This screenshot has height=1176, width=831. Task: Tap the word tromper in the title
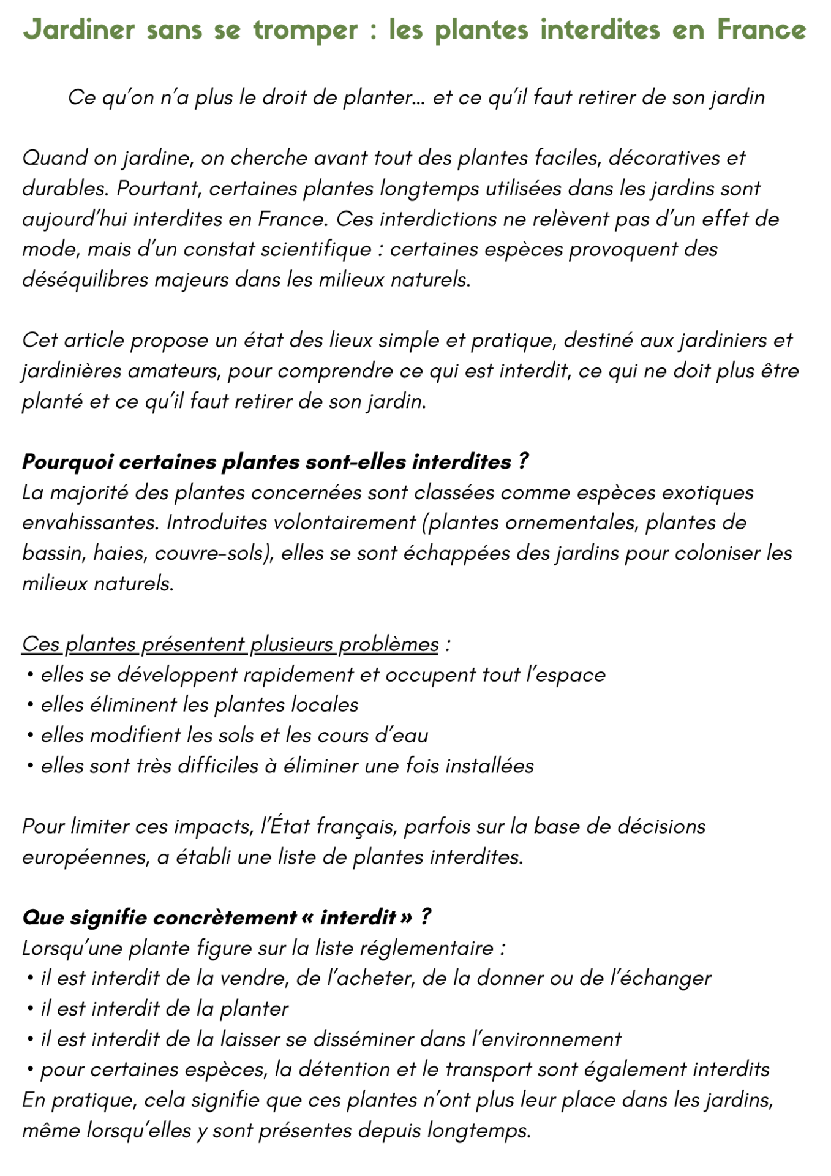tap(306, 30)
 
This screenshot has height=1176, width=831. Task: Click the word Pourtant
tap(159, 188)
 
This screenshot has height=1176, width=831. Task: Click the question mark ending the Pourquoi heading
tap(522, 462)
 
